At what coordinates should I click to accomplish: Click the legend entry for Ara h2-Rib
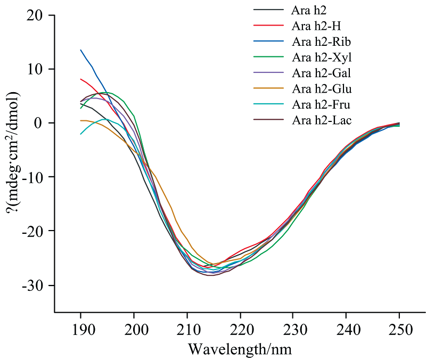(x=321, y=41)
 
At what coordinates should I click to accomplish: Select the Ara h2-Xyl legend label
(x=322, y=57)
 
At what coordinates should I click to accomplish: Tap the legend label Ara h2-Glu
(x=322, y=88)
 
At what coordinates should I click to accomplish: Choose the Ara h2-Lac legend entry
(x=322, y=120)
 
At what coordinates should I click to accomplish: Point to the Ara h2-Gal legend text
(x=321, y=72)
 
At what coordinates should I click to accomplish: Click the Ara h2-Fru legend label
(x=321, y=104)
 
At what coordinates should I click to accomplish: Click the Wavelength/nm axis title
(x=240, y=349)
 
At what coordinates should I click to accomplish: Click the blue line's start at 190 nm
(x=80, y=50)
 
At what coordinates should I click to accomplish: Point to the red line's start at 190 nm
(x=80, y=79)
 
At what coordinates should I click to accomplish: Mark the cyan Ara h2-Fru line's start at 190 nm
(x=80, y=134)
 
